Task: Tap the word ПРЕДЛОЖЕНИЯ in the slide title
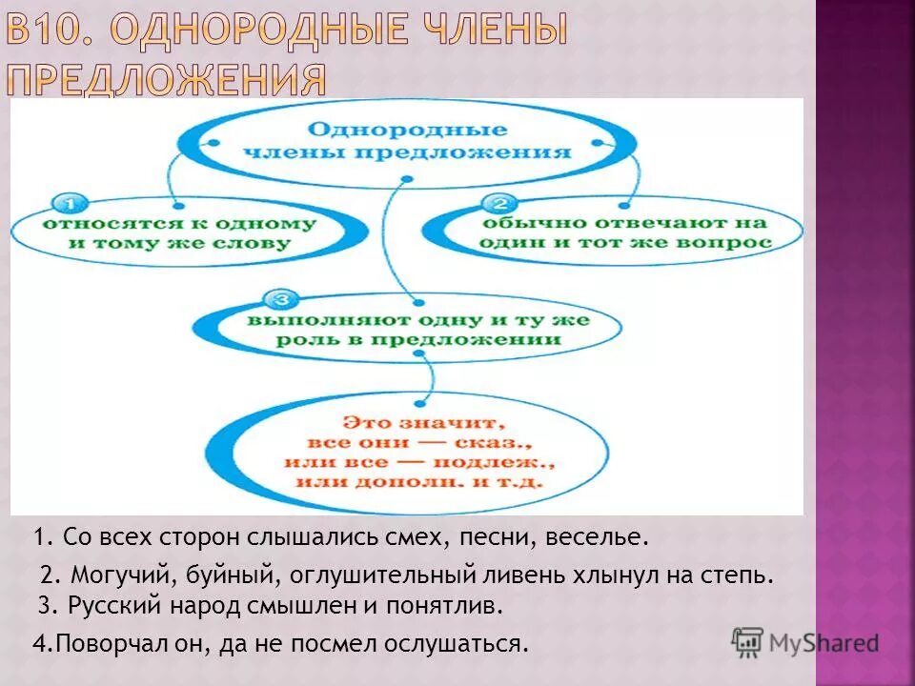click(166, 81)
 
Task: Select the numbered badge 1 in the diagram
click(69, 203)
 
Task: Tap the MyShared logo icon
click(748, 643)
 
